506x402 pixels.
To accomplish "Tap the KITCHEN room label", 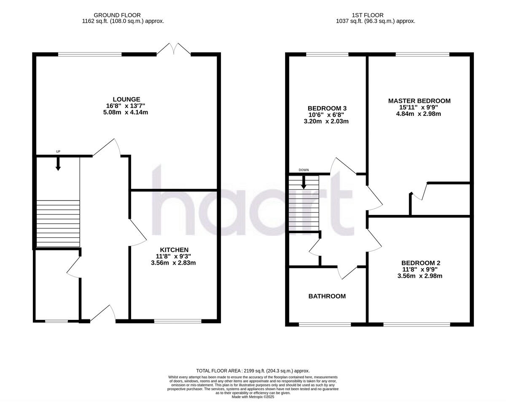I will click(173, 249).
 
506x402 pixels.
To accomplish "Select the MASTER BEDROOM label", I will click(419, 101).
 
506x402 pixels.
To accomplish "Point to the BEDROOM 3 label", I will click(327, 108).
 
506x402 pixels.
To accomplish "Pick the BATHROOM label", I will click(327, 296).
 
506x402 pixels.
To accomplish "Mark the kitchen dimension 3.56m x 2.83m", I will click(173, 263).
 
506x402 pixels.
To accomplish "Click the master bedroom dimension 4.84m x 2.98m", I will click(419, 114).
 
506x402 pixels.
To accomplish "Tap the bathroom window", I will click(325, 324).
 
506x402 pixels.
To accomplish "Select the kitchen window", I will click(178, 321).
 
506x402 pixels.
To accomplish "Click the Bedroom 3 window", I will click(327, 54).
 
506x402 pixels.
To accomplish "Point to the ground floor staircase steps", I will click(58, 223).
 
